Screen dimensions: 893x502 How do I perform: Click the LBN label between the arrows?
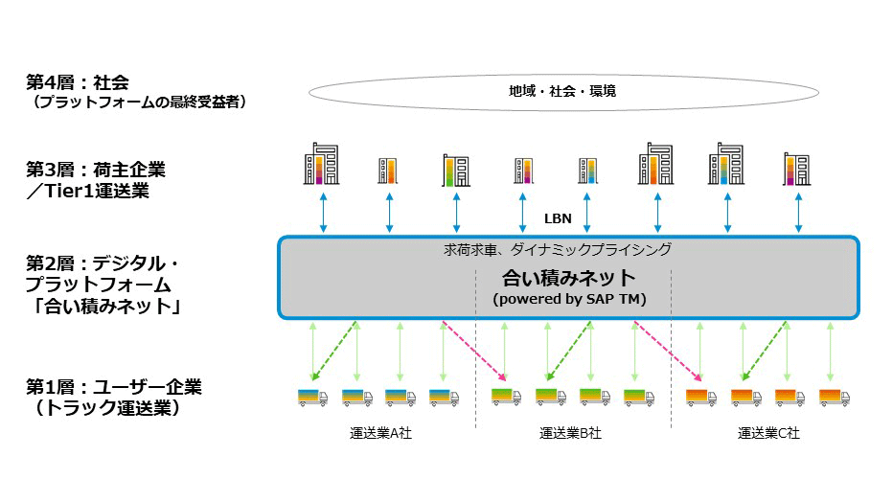[558, 218]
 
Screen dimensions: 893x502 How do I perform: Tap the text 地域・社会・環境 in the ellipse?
[562, 91]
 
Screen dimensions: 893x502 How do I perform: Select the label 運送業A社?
[380, 433]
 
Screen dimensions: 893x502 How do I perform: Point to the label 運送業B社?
[570, 433]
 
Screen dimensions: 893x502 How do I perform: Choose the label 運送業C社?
[768, 433]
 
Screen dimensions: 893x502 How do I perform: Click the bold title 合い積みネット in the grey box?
[568, 278]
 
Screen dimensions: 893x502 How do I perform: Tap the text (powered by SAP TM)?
[569, 299]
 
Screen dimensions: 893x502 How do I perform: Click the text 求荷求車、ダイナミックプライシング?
[558, 249]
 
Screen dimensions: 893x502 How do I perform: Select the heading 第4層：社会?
[78, 82]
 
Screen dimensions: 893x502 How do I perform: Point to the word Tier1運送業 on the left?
[98, 191]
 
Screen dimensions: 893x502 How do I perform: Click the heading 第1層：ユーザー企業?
[114, 387]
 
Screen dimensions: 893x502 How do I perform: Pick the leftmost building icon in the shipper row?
[321, 164]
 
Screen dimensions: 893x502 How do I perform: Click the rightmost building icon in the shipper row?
[797, 169]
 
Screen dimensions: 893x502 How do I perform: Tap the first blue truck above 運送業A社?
[312, 398]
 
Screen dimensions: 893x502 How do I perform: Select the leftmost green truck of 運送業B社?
[506, 396]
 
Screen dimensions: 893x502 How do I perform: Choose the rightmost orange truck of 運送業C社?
[835, 398]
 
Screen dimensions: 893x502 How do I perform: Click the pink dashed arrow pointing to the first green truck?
[474, 351]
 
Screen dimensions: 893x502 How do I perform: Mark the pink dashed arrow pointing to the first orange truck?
[668, 351]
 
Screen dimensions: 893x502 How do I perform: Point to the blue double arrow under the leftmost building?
[324, 213]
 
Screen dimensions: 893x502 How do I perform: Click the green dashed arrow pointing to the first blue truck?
[334, 351]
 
